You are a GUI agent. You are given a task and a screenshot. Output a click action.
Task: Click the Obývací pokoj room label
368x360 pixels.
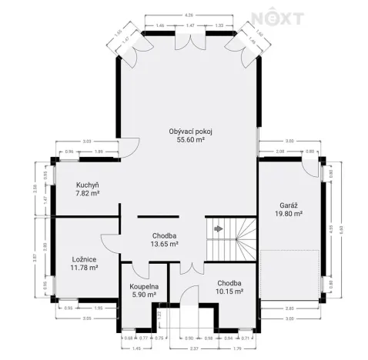pos(190,132)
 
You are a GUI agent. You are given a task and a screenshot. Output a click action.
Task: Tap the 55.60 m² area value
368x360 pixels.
pos(190,140)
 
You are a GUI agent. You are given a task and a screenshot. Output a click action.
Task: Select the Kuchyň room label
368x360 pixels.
pos(88,185)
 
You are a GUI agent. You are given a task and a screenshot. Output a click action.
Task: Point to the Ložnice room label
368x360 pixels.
pos(83,259)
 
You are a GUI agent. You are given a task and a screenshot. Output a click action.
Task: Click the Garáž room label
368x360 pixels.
pos(289,205)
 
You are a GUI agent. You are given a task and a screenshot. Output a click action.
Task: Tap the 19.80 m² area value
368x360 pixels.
pos(289,214)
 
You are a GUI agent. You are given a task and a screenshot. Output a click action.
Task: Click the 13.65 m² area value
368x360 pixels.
pos(165,244)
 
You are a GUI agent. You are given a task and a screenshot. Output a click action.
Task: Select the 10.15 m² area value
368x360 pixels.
pos(229,292)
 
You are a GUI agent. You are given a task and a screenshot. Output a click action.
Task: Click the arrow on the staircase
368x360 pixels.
pos(219,228)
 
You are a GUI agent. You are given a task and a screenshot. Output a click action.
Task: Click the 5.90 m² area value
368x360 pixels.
pos(143,294)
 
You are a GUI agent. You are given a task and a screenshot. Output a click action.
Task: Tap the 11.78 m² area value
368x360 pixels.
pos(83,268)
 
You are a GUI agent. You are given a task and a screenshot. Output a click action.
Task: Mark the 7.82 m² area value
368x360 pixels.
pos(88,194)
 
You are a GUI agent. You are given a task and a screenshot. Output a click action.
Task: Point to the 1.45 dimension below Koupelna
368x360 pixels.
pos(136,347)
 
